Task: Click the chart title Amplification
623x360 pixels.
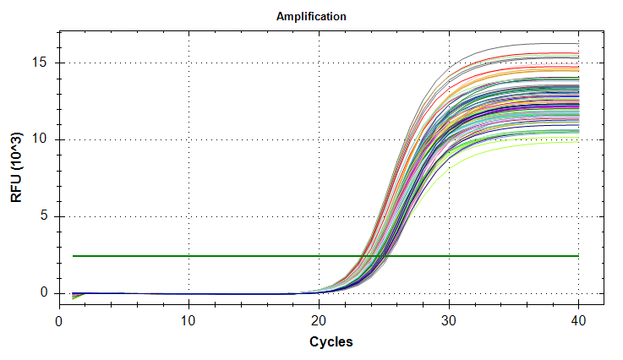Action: [311, 16]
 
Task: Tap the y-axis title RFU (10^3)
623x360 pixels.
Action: [17, 166]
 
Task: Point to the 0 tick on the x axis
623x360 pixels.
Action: [59, 321]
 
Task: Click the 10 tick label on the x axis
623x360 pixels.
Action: [189, 321]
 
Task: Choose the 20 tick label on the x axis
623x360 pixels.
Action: [319, 321]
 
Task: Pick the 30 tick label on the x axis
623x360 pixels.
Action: [449, 321]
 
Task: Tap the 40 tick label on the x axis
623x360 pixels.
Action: [579, 321]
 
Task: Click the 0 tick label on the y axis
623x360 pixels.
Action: [45, 293]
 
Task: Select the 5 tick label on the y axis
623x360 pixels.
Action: [45, 216]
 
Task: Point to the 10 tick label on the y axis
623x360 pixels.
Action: [41, 139]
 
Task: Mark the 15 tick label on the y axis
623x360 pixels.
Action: [41, 63]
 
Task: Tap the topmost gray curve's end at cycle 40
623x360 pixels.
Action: [578, 43]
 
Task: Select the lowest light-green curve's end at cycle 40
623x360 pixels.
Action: [578, 141]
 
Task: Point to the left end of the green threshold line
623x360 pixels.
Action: [74, 255]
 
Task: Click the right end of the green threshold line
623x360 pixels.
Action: [578, 255]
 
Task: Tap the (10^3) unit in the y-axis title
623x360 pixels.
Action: [17, 152]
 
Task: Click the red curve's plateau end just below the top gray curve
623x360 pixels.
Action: [578, 52]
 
